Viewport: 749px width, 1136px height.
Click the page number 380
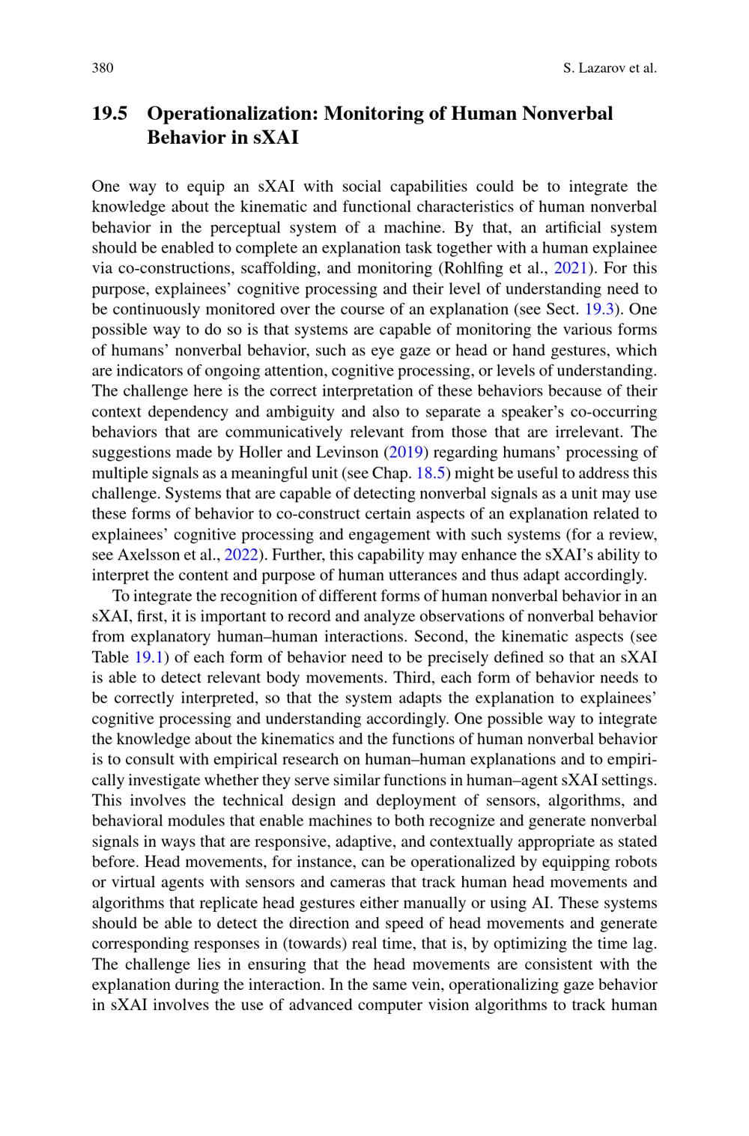pyautogui.click(x=103, y=68)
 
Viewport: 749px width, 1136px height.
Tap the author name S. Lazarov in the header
pyautogui.click(x=594, y=68)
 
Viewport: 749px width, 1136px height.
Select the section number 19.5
pyautogui.click(x=109, y=114)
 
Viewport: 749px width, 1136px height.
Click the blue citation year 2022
pyautogui.click(x=241, y=555)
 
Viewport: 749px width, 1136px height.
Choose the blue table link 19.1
pyautogui.click(x=149, y=657)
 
